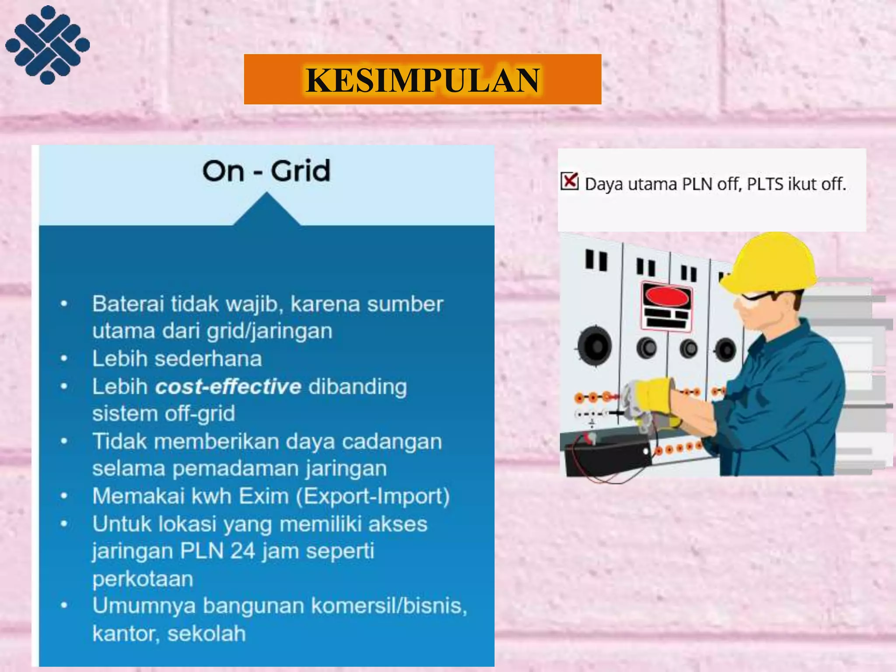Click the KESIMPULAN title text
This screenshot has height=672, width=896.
[x=422, y=80]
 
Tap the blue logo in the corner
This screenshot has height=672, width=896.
[x=47, y=44]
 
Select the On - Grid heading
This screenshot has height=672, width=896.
[x=266, y=171]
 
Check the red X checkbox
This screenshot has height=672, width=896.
[x=570, y=181]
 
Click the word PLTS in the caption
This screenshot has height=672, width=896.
[x=765, y=184]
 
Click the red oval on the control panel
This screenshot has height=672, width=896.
[x=667, y=297]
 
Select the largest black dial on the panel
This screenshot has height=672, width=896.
[x=595, y=346]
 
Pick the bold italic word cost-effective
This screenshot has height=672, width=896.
[x=228, y=387]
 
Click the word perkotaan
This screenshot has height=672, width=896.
[x=143, y=579]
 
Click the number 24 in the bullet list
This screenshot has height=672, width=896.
[x=242, y=551]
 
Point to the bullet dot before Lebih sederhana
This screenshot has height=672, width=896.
[x=64, y=359]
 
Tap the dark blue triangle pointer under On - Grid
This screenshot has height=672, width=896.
[x=266, y=211]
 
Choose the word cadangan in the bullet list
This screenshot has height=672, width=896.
[x=392, y=441]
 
